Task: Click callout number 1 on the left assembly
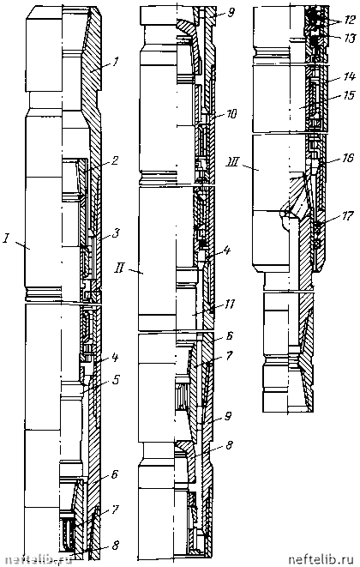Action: click(115, 63)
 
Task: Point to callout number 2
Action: click(116, 160)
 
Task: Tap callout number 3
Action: click(116, 232)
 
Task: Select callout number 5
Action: click(116, 380)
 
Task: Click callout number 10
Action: click(231, 113)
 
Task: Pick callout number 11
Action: click(230, 305)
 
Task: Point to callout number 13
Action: click(349, 38)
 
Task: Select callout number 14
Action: click(350, 76)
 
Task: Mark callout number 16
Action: click(348, 158)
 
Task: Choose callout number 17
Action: click(348, 217)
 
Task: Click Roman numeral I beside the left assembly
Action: click(5, 239)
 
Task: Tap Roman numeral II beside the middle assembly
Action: click(119, 269)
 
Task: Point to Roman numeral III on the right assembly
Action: click(235, 164)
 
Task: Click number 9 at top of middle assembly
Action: click(231, 13)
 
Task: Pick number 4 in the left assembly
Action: click(116, 358)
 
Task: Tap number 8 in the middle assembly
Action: click(230, 444)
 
